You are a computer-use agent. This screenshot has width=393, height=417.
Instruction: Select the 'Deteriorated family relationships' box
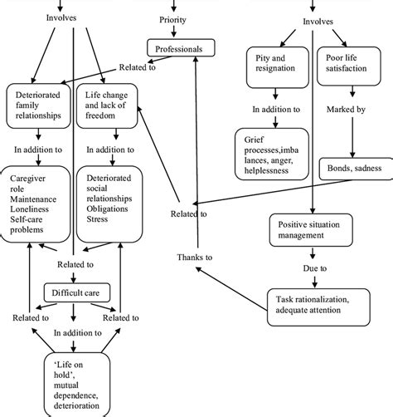click(39, 105)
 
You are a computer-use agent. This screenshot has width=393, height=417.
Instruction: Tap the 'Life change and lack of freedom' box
click(108, 105)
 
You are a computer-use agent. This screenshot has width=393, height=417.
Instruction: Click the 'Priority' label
click(172, 18)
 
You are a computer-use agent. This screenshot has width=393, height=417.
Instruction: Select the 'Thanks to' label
click(196, 258)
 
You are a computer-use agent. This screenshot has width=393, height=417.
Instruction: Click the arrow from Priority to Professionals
click(173, 32)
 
